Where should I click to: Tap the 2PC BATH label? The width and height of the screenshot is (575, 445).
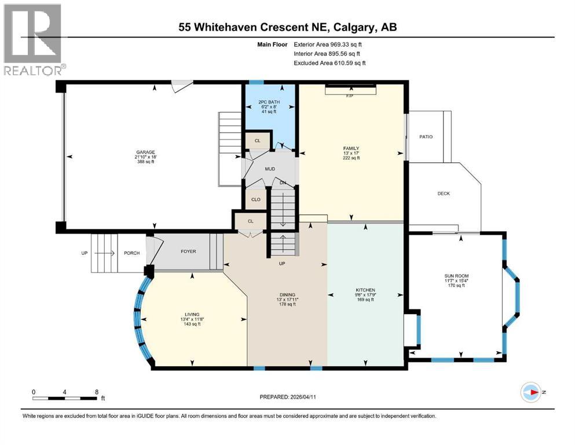point(269,102)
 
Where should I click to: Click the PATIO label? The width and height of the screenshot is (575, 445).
point(426,137)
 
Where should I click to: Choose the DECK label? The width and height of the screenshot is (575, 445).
point(444,194)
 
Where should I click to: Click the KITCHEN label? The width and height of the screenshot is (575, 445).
point(365,290)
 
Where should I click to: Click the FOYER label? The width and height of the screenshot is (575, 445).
point(188,251)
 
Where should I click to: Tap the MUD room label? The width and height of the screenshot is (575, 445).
point(270,169)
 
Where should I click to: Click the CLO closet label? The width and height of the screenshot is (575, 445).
point(255,199)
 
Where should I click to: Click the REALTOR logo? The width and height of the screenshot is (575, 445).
point(32,40)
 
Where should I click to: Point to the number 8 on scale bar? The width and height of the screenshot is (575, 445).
point(95,392)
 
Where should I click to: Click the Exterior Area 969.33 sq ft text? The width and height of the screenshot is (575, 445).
point(329,44)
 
